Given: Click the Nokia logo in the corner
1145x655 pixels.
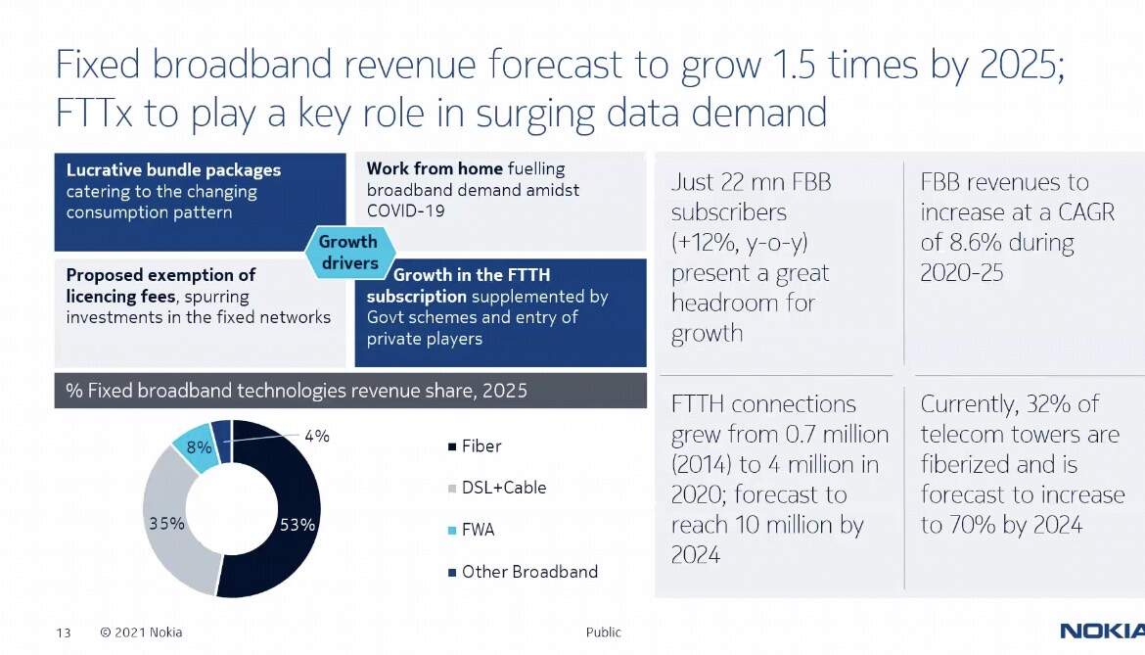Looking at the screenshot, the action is (1102, 631).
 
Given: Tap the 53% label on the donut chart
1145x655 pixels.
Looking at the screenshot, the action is (298, 525).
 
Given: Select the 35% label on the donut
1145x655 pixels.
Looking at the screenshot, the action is (166, 524).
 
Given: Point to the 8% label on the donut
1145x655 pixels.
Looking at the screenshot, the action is (199, 446).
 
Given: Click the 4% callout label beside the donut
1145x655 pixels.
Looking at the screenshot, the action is (317, 436).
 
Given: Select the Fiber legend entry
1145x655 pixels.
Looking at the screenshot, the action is (475, 446).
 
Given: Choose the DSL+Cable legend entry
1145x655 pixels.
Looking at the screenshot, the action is (497, 488).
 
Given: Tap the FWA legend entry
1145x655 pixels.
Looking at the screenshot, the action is (471, 530).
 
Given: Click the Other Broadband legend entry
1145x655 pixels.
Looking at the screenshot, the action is (523, 572).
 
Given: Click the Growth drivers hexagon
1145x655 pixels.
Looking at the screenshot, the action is (348, 252).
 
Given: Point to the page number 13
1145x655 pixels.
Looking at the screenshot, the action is (64, 632).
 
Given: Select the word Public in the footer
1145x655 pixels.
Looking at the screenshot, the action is (603, 632).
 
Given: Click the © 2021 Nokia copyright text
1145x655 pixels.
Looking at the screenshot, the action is (141, 632).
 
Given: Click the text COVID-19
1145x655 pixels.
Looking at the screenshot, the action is (405, 211).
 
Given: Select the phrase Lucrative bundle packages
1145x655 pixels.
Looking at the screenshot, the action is (174, 170).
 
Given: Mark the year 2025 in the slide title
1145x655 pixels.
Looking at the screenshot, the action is (1019, 65).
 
